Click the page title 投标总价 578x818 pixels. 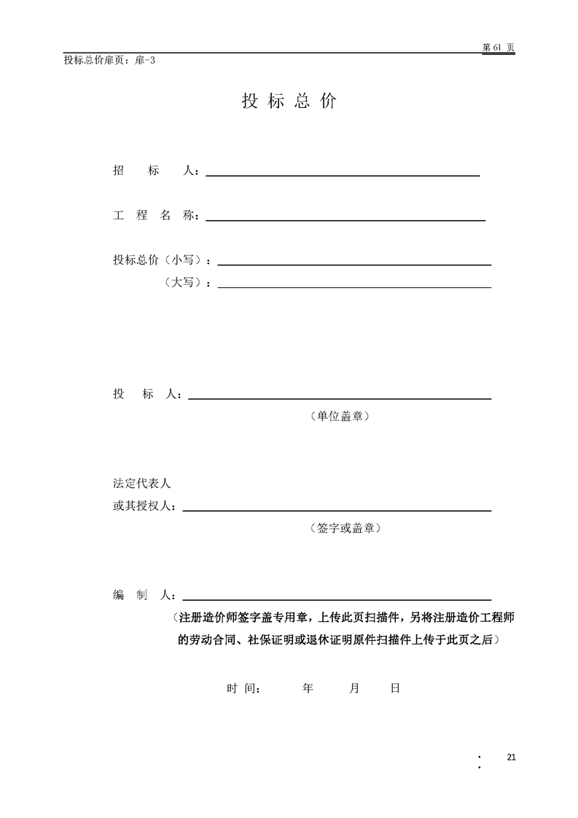289,101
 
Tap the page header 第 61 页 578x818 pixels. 498,47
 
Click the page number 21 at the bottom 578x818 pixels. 510,757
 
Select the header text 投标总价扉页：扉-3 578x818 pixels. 109,61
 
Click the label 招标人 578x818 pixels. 155,171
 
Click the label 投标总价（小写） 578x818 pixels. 162,260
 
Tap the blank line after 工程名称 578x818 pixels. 346,219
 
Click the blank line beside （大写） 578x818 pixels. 354,287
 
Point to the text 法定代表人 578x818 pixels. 141,483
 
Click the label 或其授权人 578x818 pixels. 144,506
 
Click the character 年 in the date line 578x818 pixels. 308,687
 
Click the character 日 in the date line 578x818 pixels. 394,687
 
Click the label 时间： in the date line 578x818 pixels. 243,687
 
